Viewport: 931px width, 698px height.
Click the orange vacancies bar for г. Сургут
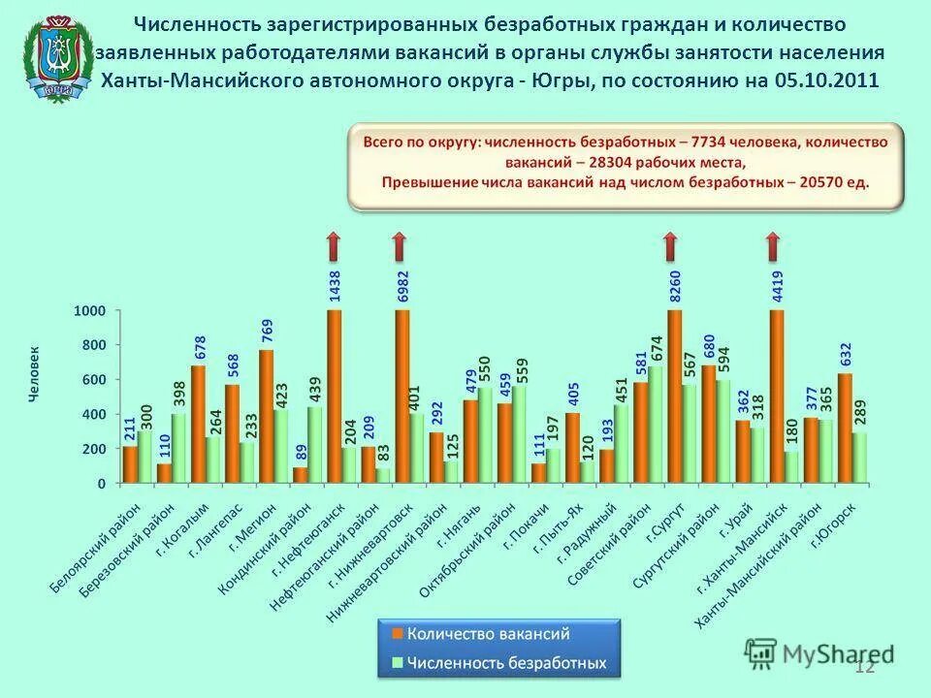coord(674,397)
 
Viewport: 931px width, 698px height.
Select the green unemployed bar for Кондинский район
coord(315,445)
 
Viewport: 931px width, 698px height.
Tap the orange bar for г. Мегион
coord(266,417)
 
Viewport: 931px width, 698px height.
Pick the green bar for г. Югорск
coord(860,458)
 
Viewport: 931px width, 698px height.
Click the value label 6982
coord(402,285)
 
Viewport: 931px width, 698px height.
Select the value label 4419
coord(777,285)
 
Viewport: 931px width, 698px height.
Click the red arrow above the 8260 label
coord(669,247)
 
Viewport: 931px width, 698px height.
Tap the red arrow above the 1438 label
coord(333,247)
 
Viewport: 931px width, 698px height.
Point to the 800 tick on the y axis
coord(93,345)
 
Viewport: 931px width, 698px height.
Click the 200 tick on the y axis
coord(93,449)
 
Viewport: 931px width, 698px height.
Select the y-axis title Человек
coord(34,375)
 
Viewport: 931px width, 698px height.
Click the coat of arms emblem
coord(59,57)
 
